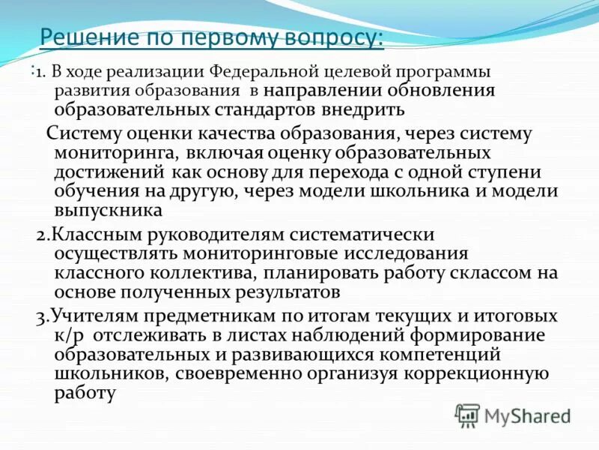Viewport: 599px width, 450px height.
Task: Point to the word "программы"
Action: (x=439, y=73)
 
